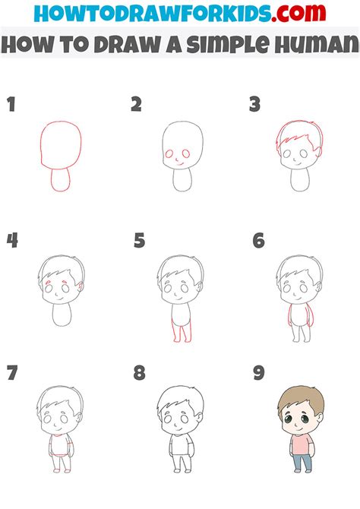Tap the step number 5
point(139,241)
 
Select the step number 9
point(259,372)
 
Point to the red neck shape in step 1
point(60,180)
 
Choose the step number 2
point(137,105)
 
